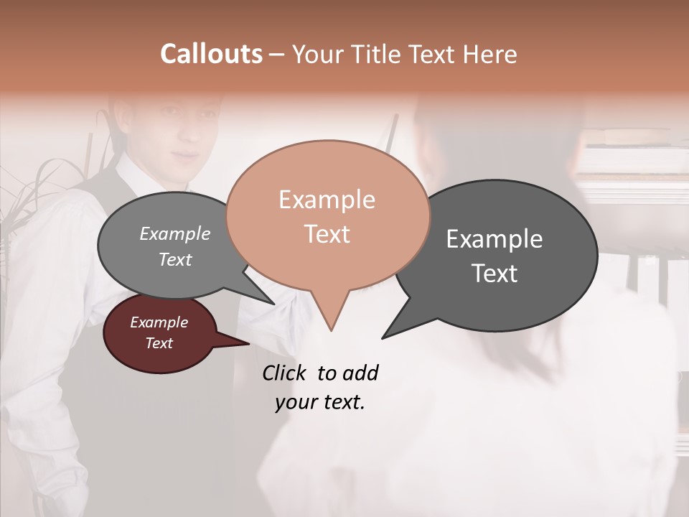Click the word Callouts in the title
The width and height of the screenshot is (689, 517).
[211, 54]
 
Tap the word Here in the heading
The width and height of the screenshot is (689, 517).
[488, 54]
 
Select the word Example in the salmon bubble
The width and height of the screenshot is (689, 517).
[327, 200]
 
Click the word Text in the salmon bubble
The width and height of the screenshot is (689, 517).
[327, 234]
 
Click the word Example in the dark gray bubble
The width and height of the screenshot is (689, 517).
[495, 239]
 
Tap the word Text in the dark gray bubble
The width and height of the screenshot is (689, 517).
[495, 274]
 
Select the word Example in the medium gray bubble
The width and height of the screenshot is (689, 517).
[174, 234]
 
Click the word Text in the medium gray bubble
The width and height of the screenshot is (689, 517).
[174, 260]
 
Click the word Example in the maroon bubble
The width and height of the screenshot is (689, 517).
[159, 322]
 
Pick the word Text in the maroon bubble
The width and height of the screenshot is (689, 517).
[159, 343]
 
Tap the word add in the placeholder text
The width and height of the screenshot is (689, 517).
[360, 373]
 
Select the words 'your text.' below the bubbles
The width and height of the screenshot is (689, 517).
[319, 402]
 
